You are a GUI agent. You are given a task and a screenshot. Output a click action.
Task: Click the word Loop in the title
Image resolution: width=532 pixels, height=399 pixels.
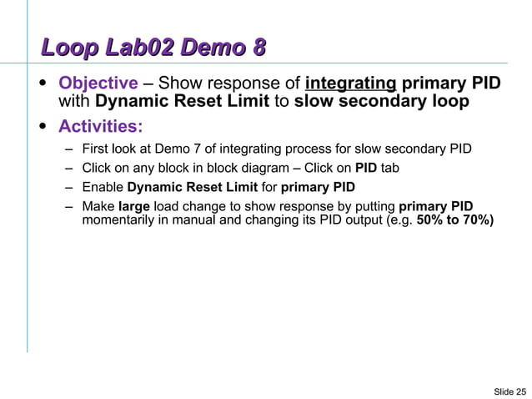coord(70,50)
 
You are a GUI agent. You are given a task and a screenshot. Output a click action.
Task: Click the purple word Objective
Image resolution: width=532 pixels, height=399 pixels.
coord(97,83)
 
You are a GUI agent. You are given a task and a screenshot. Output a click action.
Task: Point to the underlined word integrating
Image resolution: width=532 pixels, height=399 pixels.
coord(350,83)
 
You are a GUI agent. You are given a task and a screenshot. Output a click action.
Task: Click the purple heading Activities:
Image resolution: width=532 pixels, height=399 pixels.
coord(100,127)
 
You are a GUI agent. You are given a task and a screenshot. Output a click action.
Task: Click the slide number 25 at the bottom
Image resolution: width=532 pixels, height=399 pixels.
coord(519,391)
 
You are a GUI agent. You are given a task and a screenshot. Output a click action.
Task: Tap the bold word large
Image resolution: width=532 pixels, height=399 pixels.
coord(134,206)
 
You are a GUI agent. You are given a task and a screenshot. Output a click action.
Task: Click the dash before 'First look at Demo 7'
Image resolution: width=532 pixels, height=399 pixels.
coord(68,149)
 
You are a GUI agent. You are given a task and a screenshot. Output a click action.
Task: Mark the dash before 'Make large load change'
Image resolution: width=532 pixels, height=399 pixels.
coord(68,206)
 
